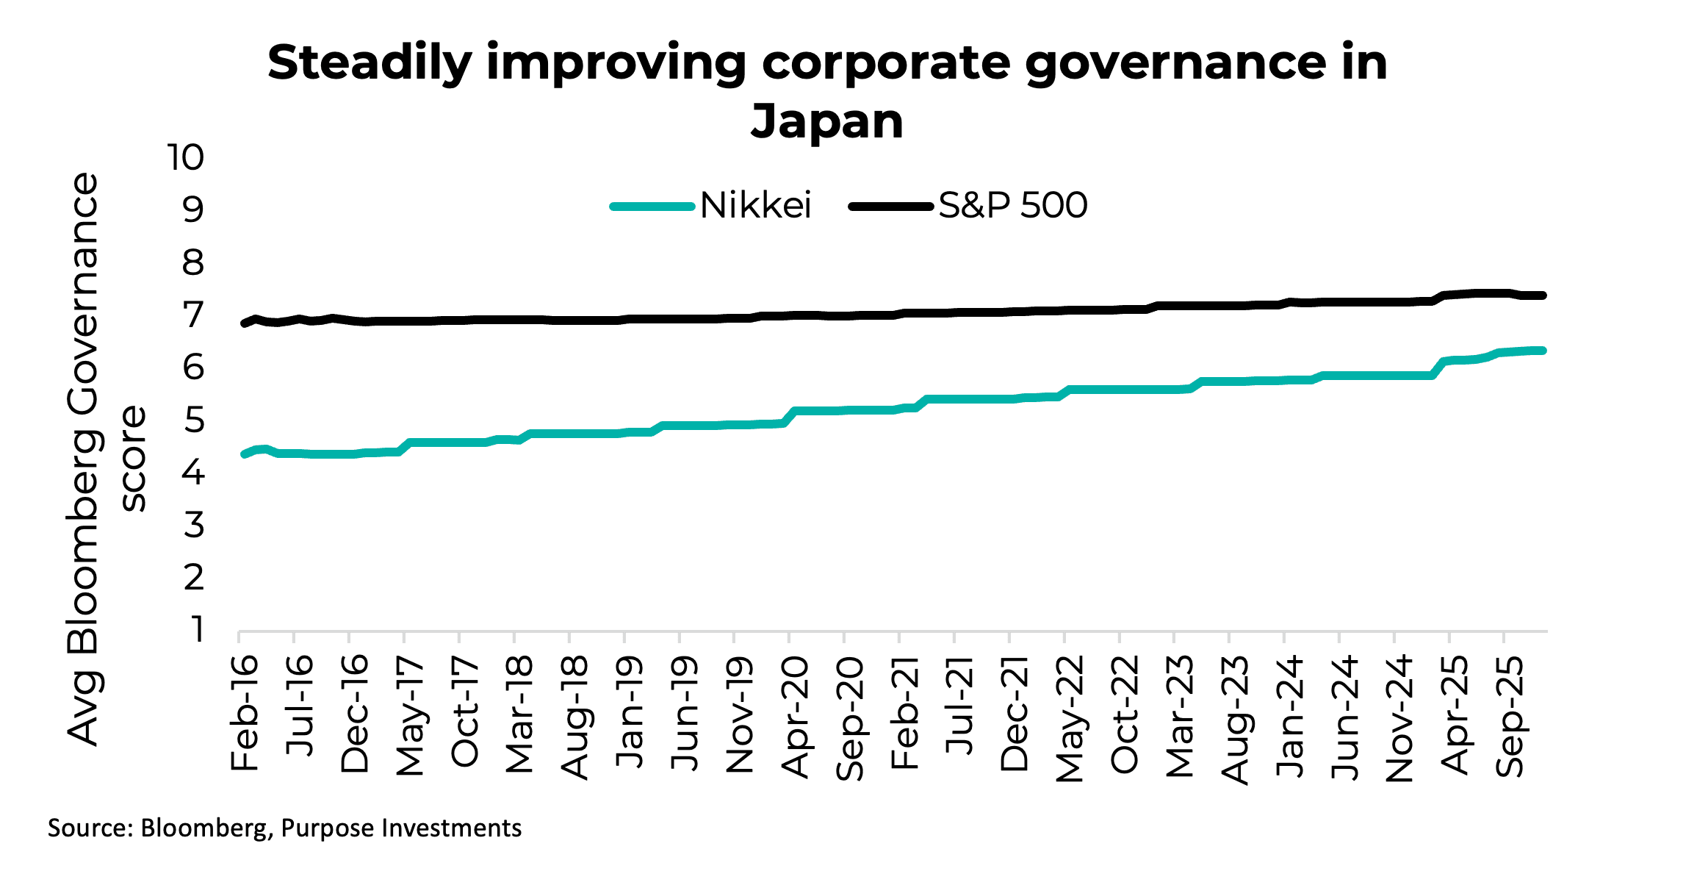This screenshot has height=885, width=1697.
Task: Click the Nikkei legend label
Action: (x=755, y=206)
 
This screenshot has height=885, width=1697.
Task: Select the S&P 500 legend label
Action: (x=1012, y=206)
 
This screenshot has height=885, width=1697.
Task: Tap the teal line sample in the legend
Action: (x=652, y=207)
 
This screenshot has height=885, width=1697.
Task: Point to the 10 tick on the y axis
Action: (x=185, y=158)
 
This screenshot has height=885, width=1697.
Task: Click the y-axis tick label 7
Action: (x=193, y=315)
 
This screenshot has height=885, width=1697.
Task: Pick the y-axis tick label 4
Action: (x=193, y=473)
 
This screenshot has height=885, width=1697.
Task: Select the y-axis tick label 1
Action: (x=196, y=630)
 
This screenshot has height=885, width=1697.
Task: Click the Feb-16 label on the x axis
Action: (x=245, y=714)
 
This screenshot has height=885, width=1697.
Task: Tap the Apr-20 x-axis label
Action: (x=796, y=717)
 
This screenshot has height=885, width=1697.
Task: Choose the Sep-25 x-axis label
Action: (x=1511, y=717)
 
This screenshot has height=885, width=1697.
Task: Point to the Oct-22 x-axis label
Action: (x=1125, y=715)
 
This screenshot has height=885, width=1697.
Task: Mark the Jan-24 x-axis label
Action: (x=1291, y=717)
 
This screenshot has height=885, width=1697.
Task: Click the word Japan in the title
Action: (x=826, y=121)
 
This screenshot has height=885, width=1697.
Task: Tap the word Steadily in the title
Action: (x=370, y=63)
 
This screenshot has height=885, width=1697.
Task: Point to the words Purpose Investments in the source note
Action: (x=401, y=828)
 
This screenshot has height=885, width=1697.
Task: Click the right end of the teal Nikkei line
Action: (x=1543, y=351)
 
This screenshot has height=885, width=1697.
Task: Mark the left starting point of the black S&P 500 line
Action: (x=244, y=323)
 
